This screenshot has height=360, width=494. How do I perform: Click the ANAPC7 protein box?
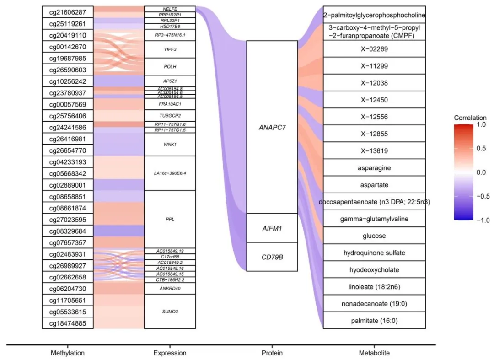point(272,127)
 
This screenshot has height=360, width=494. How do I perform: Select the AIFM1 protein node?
point(272,228)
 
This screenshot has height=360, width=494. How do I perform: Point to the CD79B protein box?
point(272,257)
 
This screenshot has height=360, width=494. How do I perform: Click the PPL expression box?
point(170,219)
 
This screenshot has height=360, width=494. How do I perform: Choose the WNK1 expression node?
point(170,145)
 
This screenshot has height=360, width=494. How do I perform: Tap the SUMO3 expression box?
point(170,311)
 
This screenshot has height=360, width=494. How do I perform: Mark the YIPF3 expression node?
point(170,49)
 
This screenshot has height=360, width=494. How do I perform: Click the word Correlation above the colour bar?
point(470,118)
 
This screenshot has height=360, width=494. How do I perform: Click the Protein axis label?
point(272,353)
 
